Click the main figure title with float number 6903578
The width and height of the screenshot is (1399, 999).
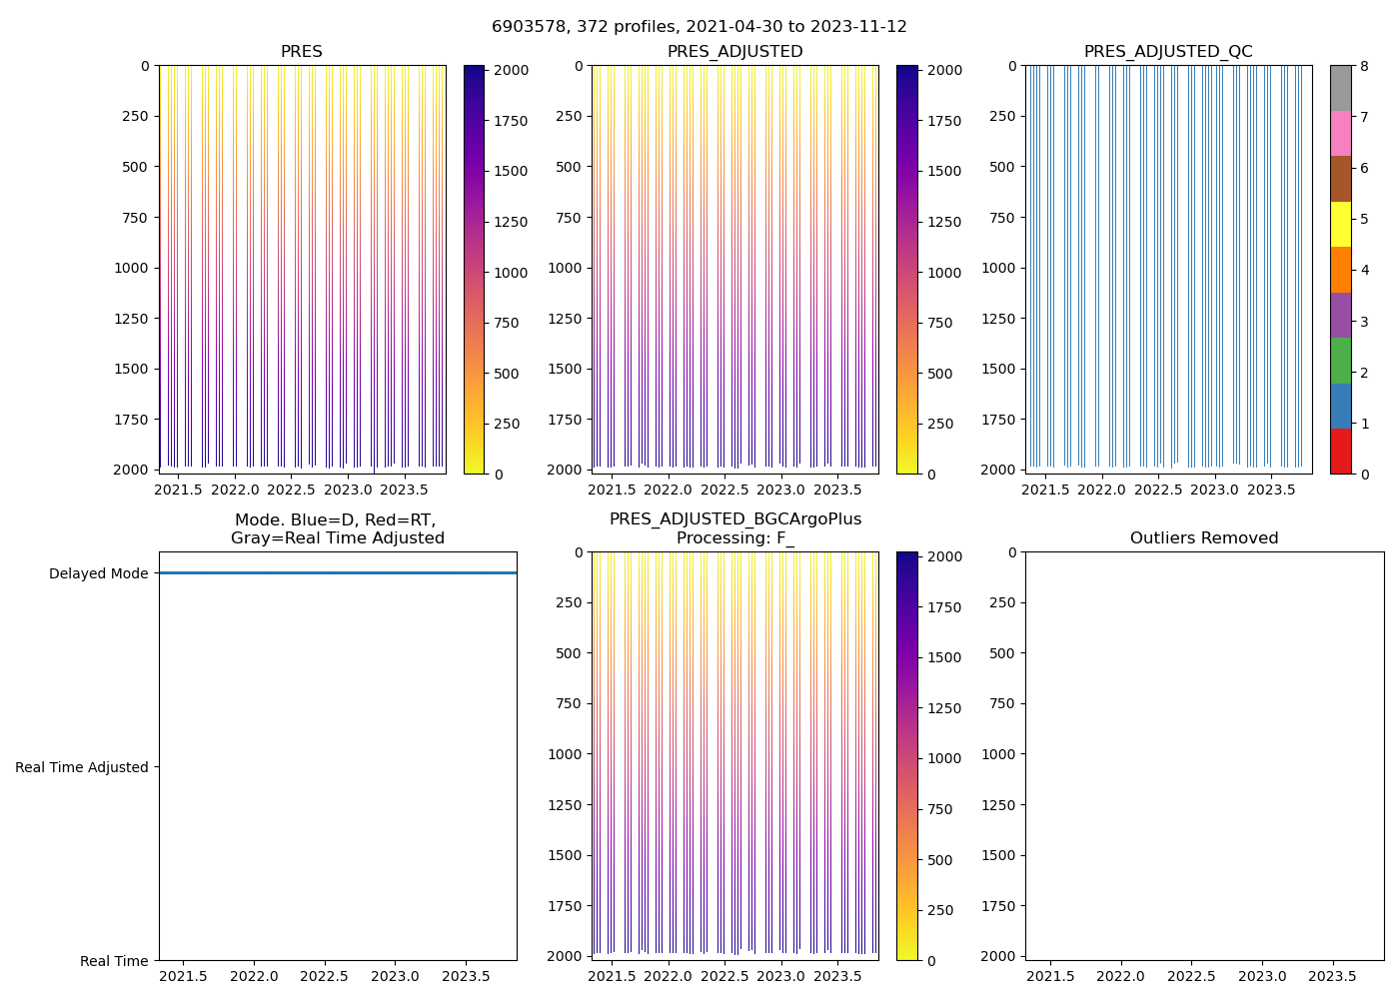pos(699,27)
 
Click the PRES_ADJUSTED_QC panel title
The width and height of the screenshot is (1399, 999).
pos(1168,52)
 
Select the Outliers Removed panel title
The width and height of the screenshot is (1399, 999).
pos(1204,538)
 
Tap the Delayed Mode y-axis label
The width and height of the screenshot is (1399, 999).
pos(98,573)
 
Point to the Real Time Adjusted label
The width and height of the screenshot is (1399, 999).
pos(82,767)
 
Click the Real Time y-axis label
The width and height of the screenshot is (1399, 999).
pos(114,961)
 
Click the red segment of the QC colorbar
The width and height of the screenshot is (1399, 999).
pos(1340,452)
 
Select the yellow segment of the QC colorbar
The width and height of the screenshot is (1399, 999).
pos(1340,224)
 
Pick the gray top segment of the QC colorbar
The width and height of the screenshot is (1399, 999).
pos(1340,88)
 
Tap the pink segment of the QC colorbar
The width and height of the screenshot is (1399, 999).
pos(1340,133)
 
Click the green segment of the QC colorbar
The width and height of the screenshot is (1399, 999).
pos(1340,361)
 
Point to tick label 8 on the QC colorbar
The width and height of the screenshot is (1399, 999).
pos(1364,66)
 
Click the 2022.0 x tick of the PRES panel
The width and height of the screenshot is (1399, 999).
pos(235,490)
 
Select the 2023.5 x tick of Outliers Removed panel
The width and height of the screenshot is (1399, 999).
pos(1332,976)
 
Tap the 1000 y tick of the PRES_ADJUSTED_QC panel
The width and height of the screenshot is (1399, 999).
pos(998,268)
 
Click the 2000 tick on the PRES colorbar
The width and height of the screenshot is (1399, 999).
pos(513,70)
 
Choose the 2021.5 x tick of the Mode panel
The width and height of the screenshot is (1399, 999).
pos(184,976)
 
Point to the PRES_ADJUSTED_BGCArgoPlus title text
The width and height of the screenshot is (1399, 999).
pos(735,519)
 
